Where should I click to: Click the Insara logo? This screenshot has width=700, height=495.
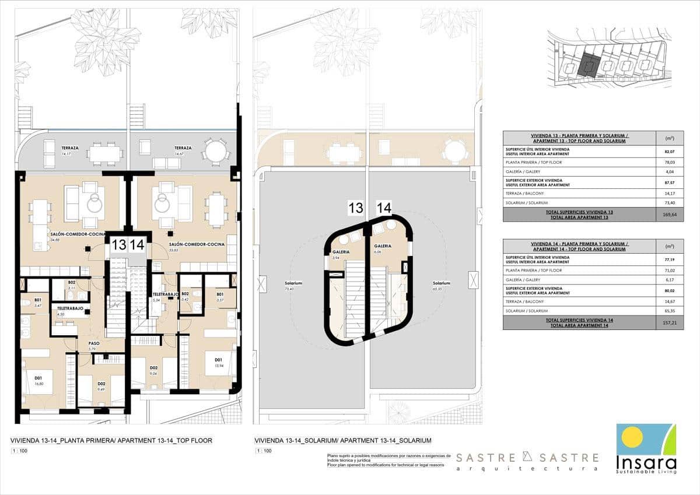click(646, 448)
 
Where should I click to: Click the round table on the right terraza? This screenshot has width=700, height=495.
click(215, 153)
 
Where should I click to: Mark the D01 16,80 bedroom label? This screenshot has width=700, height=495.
click(40, 380)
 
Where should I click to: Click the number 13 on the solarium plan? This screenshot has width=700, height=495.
click(356, 208)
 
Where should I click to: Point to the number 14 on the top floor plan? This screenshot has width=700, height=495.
click(137, 245)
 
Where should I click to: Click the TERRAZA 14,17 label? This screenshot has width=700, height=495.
click(70, 150)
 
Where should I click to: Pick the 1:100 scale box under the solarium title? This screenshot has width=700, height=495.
click(263, 451)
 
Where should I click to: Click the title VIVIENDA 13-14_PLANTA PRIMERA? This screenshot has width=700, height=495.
click(111, 441)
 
